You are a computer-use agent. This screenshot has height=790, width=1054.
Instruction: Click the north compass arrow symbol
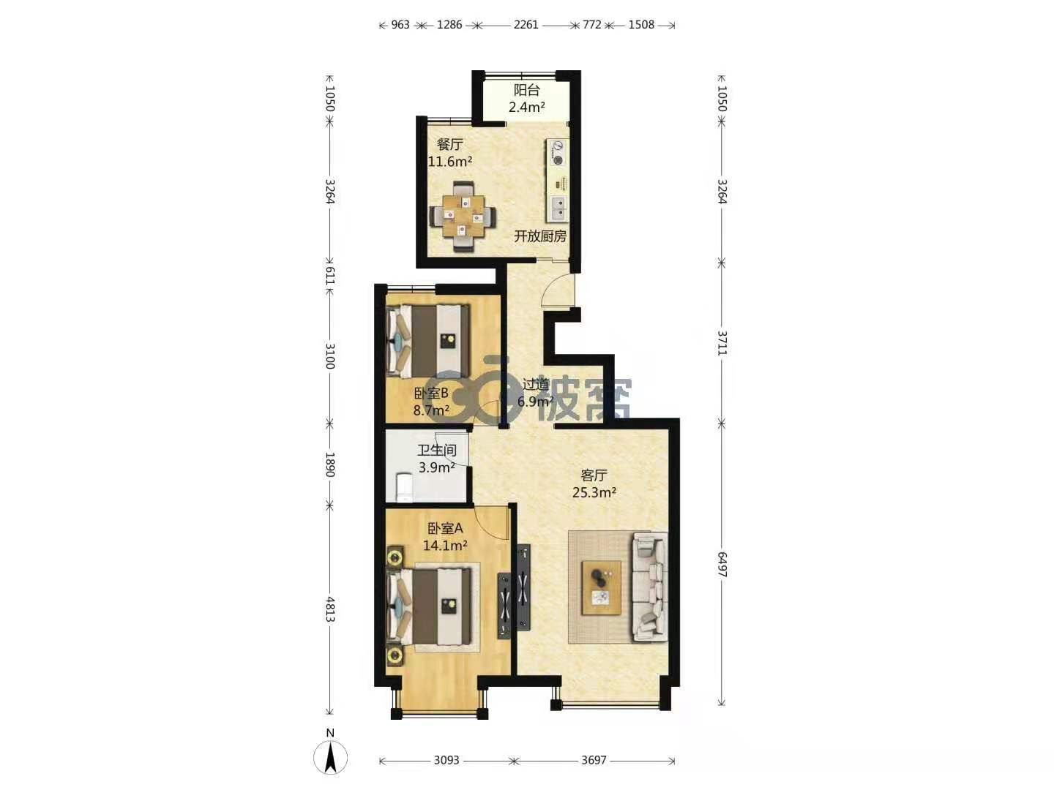pos(330,757)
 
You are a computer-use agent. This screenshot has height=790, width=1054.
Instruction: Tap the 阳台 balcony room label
pos(527,90)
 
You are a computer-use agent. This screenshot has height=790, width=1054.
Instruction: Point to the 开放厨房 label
pos(540,236)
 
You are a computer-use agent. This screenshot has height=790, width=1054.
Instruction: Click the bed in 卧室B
pos(428,341)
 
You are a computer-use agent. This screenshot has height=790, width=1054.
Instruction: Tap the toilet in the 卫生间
pos(403,486)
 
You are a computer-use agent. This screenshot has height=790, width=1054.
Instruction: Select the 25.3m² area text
pos(594,492)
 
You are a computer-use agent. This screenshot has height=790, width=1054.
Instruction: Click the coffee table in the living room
pos(601,587)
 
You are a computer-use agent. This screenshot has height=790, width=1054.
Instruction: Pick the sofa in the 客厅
pos(650,587)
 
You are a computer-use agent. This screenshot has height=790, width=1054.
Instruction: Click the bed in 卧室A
pos(429,607)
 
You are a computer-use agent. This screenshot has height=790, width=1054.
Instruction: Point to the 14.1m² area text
pos(445,546)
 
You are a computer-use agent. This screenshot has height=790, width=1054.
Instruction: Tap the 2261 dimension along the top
pos(526,24)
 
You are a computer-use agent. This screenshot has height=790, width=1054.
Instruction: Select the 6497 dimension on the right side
pos(722,564)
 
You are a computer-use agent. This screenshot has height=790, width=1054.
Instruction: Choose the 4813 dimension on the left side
pos(330,609)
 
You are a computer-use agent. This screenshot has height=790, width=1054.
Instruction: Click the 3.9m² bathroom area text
pos(436,467)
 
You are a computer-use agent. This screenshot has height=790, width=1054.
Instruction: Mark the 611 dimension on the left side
pos(330,276)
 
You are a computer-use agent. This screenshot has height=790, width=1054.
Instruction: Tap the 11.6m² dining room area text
pos(450,161)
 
